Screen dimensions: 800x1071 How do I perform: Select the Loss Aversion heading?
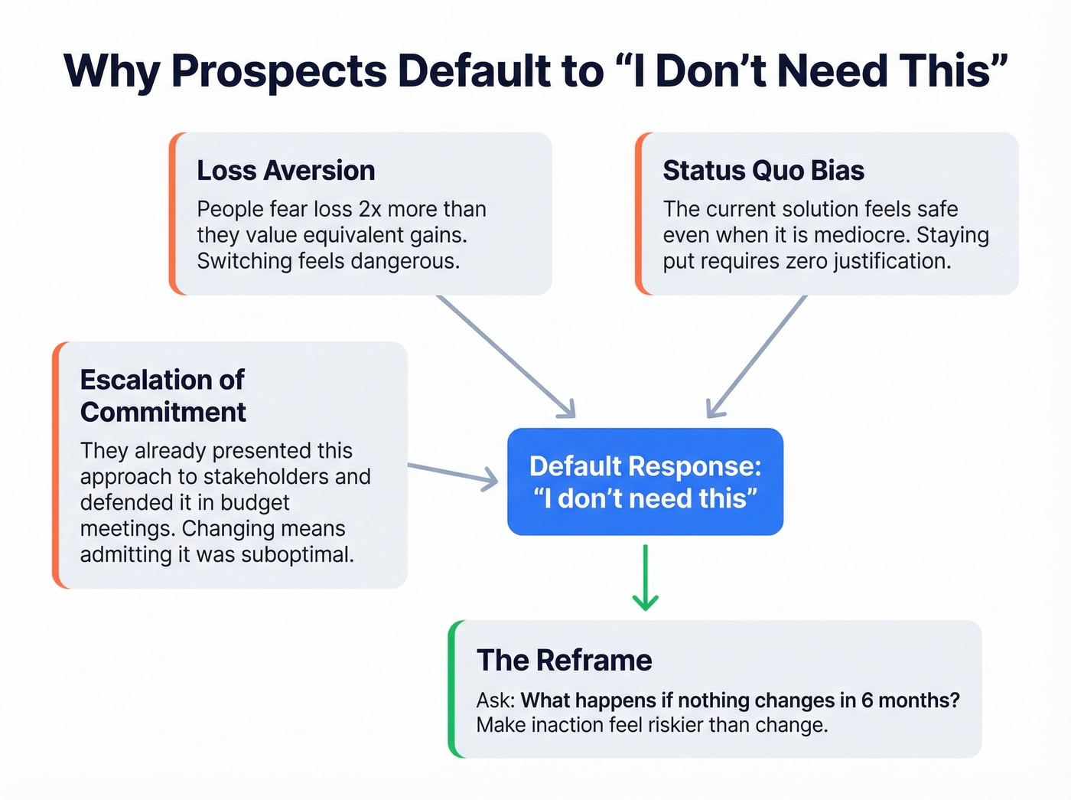pyautogui.click(x=285, y=171)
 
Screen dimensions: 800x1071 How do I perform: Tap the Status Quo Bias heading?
pyautogui.click(x=763, y=171)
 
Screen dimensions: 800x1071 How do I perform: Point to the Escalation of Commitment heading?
pyautogui.click(x=162, y=396)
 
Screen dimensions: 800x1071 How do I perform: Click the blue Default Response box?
pyautogui.click(x=645, y=482)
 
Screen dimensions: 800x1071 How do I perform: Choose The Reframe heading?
pyautogui.click(x=564, y=660)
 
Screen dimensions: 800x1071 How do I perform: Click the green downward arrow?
pyautogui.click(x=645, y=578)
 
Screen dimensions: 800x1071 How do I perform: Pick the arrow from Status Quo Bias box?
pyautogui.click(x=756, y=356)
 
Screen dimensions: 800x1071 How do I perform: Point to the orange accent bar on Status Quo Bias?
pyautogui.click(x=640, y=214)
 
